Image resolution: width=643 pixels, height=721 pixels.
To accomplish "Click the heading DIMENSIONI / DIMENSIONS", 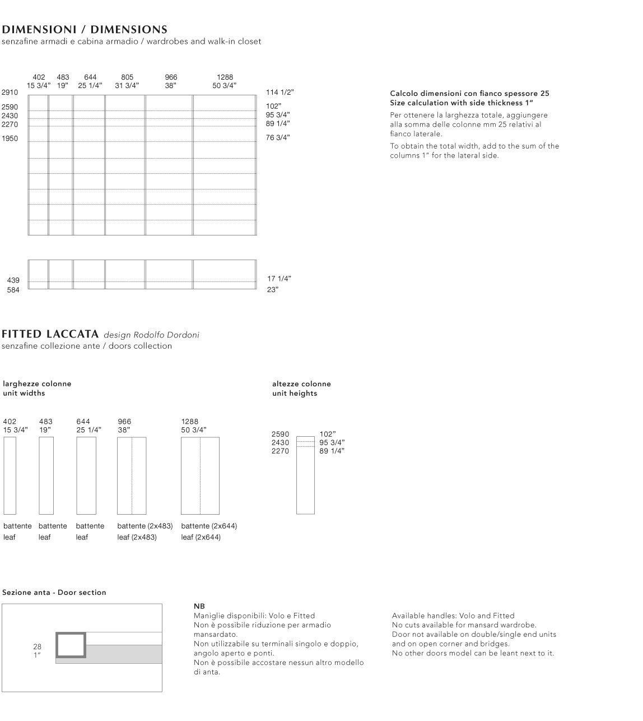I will click(85, 30).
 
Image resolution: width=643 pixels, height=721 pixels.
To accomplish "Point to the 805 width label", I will click(127, 77).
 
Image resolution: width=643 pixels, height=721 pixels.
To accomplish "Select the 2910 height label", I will click(10, 93).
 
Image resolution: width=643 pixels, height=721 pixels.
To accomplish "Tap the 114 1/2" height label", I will click(279, 93).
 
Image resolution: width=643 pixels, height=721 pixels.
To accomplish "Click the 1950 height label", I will click(10, 138).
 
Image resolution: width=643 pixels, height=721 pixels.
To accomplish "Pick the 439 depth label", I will click(13, 280).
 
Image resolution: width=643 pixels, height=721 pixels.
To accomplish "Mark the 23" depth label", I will click(272, 290).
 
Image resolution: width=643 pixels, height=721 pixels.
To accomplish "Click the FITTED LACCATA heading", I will click(50, 335).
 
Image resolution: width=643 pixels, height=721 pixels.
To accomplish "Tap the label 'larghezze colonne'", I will click(37, 384).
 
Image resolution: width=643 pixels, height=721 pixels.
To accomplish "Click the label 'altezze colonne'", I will click(301, 384).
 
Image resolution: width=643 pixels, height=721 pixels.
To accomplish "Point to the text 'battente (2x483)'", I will click(145, 526).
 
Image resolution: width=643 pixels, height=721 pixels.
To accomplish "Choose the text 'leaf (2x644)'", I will click(201, 537).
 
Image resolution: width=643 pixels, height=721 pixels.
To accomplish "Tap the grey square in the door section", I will click(71, 645).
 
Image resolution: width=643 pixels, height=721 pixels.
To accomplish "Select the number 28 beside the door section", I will click(37, 647).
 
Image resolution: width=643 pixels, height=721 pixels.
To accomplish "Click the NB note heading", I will click(199, 607).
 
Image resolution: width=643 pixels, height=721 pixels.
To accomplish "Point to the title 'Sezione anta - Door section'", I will click(54, 593).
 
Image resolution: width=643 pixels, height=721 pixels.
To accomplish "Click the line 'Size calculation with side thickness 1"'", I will click(462, 103).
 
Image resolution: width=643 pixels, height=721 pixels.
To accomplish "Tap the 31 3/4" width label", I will click(127, 86).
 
